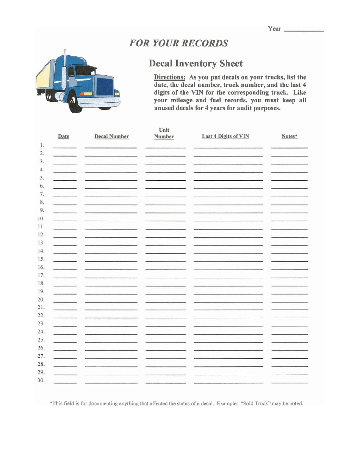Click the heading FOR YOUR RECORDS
click(x=178, y=43)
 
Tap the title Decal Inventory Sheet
click(x=195, y=63)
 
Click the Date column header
click(x=64, y=136)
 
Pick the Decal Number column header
click(x=111, y=136)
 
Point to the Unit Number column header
click(x=164, y=133)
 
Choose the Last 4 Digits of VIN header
click(x=225, y=136)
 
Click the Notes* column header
click(x=290, y=136)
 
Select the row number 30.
click(x=41, y=380)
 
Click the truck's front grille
click(x=105, y=87)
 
